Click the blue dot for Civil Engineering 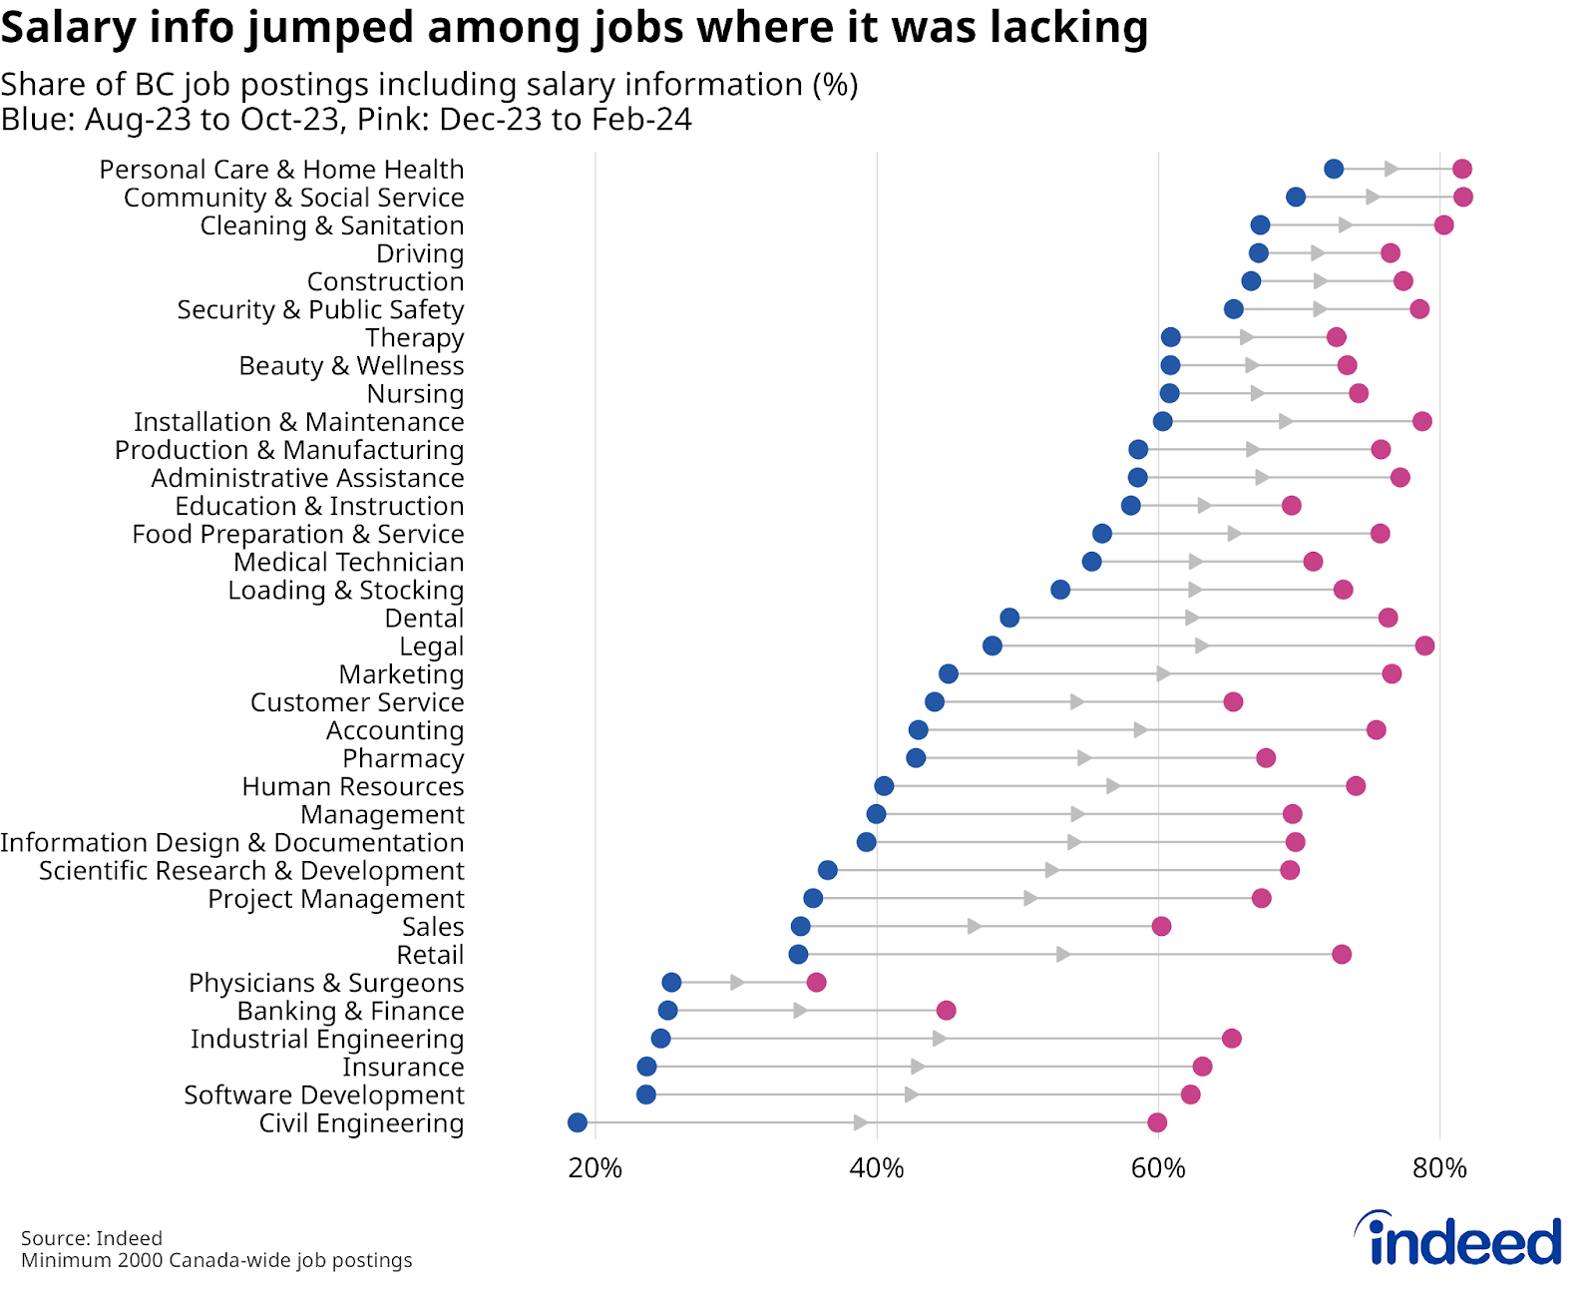578,1122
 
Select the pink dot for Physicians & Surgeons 816,983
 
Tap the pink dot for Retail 1342,955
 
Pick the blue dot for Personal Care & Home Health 1334,169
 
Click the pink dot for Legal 1424,646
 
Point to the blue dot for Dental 1009,618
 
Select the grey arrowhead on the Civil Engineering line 860,1122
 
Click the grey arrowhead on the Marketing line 1163,673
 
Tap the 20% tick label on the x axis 596,1167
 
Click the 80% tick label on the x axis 1439,1167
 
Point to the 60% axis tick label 1158,1167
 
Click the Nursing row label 415,394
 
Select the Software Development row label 324,1095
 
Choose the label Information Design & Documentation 232,843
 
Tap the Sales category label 433,927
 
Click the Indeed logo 1458,1239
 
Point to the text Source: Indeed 92,1238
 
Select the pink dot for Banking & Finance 946,1011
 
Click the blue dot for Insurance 646,1067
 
